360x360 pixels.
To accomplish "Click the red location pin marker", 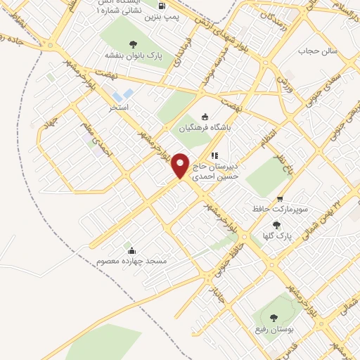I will coord(181,166).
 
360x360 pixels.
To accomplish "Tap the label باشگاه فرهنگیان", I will coord(205,129).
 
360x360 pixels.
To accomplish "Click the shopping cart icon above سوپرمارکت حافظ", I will coord(280,199).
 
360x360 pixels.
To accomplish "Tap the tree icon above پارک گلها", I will coord(276,226).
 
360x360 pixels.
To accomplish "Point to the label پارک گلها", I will coord(274,237).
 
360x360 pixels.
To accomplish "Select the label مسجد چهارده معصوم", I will coord(131,261).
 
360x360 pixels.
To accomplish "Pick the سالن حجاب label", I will coord(319,51).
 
